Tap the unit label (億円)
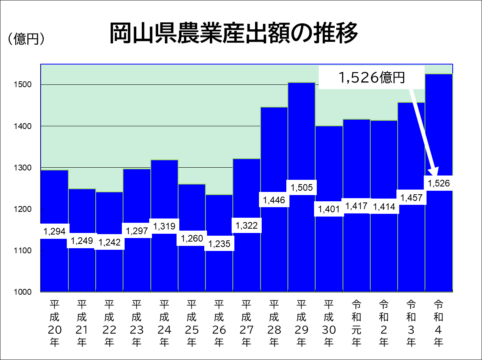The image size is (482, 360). click(x=25, y=39)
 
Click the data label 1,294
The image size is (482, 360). click(x=54, y=231)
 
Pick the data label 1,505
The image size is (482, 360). click(x=302, y=188)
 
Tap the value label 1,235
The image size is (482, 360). click(x=219, y=244)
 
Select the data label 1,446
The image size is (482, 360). click(x=274, y=201)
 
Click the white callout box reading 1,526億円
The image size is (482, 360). click(x=371, y=78)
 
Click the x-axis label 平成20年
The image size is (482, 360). click(x=54, y=323)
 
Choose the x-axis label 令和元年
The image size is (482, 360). click(x=356, y=323)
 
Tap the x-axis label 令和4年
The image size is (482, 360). click(x=439, y=323)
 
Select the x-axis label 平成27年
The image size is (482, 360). click(x=246, y=323)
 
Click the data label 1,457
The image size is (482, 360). click(x=411, y=198)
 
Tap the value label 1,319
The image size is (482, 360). click(x=164, y=226)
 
